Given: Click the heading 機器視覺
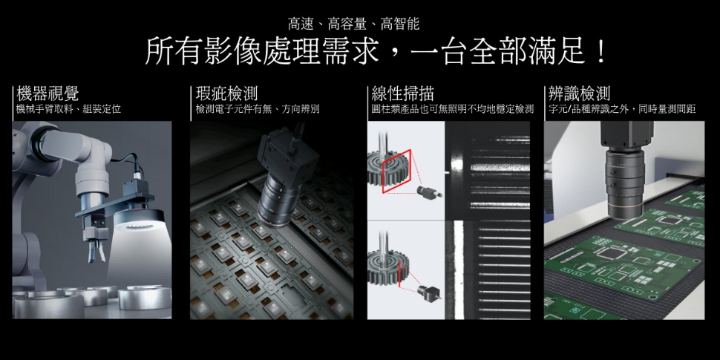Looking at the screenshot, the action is [x=48, y=94].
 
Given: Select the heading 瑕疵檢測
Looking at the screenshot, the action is [x=226, y=94].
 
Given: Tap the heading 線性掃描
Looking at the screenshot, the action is [x=403, y=94].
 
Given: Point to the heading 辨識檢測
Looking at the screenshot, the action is [x=580, y=94].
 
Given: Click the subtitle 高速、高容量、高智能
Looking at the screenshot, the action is [x=353, y=24].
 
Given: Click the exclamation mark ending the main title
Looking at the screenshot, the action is [x=600, y=52].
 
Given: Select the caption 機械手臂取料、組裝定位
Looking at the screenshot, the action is [x=69, y=109].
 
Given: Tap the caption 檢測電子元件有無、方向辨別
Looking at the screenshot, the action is [x=258, y=109].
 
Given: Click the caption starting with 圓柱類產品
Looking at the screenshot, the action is [x=452, y=109].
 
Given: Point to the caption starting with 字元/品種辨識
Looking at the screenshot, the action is [x=622, y=109].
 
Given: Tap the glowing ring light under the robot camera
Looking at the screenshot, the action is [x=142, y=221].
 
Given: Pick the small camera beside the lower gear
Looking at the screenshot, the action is [x=428, y=292].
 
